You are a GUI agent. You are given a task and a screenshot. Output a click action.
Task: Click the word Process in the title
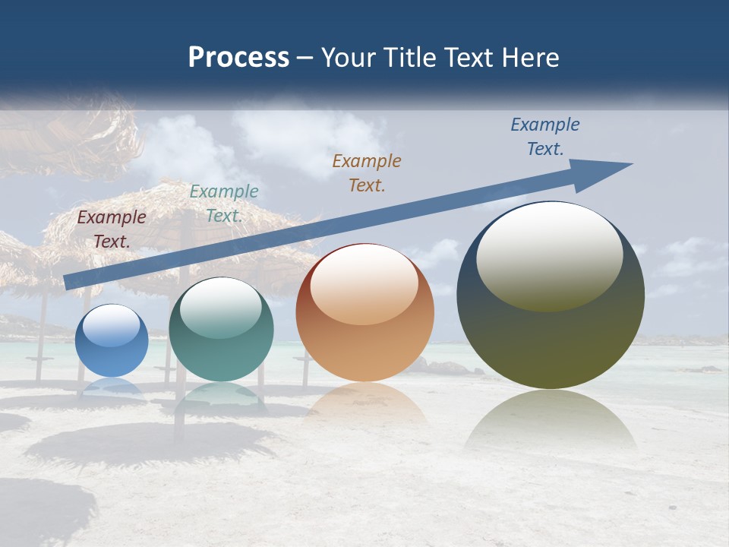[238, 58]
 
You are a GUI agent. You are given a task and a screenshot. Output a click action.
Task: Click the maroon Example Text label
[112, 229]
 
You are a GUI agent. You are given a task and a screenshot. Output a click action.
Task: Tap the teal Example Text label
[224, 204]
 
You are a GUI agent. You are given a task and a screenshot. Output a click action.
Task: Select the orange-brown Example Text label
[367, 172]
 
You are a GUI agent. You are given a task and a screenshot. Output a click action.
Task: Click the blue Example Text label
[545, 137]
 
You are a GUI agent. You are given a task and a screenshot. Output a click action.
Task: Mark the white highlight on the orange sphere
[364, 285]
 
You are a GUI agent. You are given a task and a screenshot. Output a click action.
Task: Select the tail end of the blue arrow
[70, 283]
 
